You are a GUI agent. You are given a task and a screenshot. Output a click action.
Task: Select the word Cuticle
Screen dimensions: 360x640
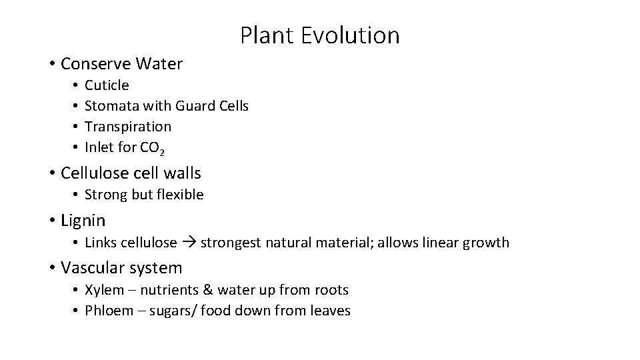point(107,85)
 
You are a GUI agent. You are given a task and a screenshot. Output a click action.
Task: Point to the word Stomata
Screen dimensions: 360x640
point(110,105)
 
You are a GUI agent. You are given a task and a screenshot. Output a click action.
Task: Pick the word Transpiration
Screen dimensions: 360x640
point(128,126)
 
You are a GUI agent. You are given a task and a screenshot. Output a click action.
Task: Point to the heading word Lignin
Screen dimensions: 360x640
point(83,219)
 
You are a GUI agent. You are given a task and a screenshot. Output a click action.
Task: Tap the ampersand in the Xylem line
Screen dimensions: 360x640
point(214,290)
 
